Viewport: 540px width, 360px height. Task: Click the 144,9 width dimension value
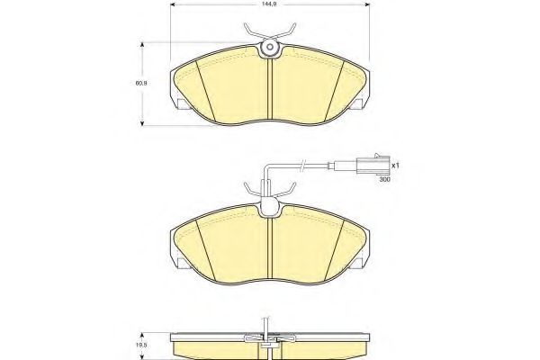tap(270, 4)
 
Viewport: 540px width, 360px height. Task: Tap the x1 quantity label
tap(395, 166)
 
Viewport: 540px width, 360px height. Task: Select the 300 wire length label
tap(384, 179)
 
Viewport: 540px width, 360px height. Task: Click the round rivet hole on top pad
tap(270, 47)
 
